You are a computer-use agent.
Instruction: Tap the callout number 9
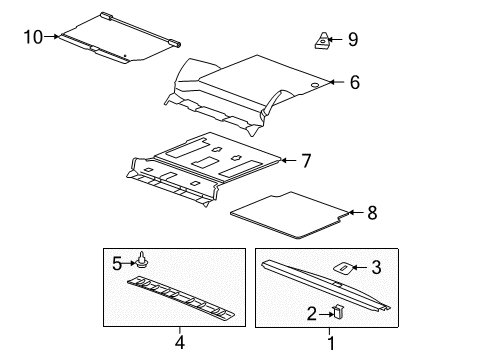[352, 40]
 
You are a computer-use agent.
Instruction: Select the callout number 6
[354, 84]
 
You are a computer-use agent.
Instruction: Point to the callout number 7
[306, 159]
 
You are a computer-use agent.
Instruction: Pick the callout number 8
[372, 212]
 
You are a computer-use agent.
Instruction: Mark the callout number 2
[312, 314]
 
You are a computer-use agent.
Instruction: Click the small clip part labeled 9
[322, 41]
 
